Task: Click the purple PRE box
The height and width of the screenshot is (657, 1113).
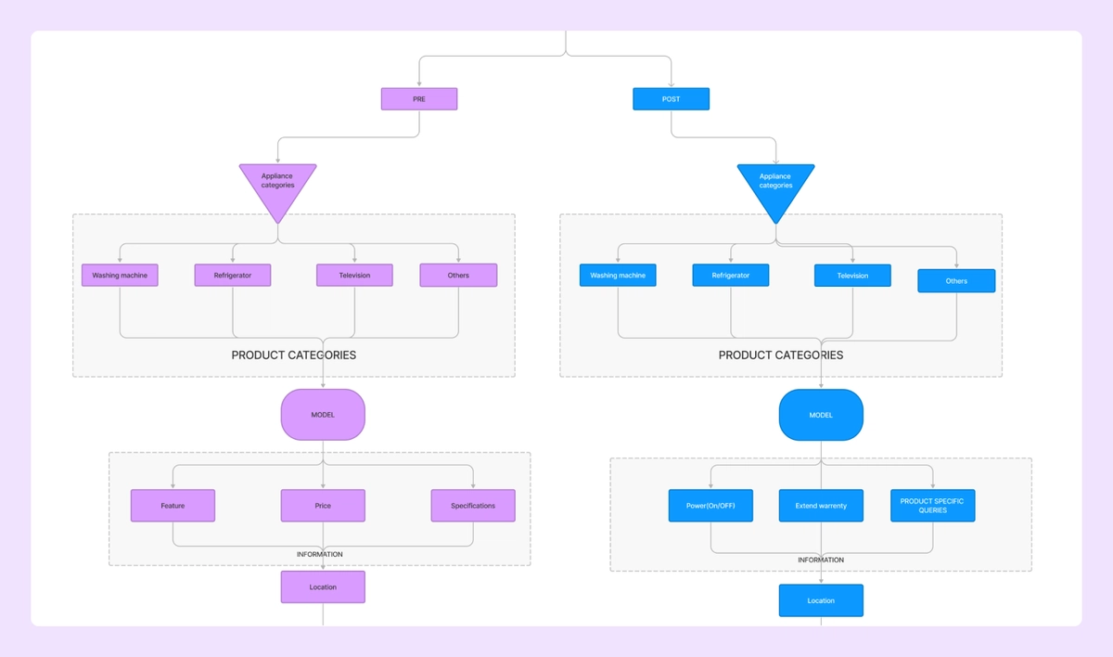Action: coord(419,99)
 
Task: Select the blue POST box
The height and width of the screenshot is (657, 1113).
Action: coord(671,99)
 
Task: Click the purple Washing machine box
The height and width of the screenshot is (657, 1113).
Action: coord(120,276)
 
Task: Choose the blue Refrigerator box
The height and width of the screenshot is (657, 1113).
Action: coord(730,276)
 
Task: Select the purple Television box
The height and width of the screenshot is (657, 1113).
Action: coord(354,276)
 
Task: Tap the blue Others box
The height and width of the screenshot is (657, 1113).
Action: coord(956,281)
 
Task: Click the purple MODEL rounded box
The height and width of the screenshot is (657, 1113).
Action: coord(323,415)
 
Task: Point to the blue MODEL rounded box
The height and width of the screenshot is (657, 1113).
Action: coord(821,415)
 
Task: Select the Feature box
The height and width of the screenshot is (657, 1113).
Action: coord(173,506)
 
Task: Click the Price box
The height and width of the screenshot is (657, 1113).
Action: coord(323,506)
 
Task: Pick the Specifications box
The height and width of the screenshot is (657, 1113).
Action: coord(473,506)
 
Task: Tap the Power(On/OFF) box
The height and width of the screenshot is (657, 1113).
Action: coord(710,506)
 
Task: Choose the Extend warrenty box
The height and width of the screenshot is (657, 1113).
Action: coord(821,506)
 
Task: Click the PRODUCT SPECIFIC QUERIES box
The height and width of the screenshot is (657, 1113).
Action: coord(932,506)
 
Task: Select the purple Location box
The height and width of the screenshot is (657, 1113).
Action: coord(323,587)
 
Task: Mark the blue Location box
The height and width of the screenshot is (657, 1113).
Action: coord(821,600)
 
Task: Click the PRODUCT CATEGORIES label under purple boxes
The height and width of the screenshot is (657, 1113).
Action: coord(293,355)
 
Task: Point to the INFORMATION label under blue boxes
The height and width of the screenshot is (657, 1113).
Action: coord(821,560)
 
